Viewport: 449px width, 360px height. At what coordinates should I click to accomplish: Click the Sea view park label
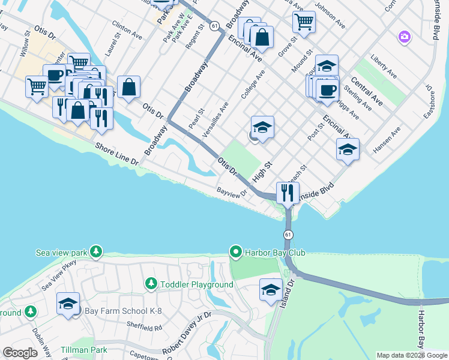59,253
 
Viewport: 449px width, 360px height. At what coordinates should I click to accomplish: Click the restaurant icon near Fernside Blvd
288,193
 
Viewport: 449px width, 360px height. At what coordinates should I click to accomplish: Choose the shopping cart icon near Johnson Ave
304,22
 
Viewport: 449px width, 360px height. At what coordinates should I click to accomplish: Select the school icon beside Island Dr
271,289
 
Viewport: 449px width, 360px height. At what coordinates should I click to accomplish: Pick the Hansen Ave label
385,140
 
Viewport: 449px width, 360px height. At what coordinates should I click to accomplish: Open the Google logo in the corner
20,353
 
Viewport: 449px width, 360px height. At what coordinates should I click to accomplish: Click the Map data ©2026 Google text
411,355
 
